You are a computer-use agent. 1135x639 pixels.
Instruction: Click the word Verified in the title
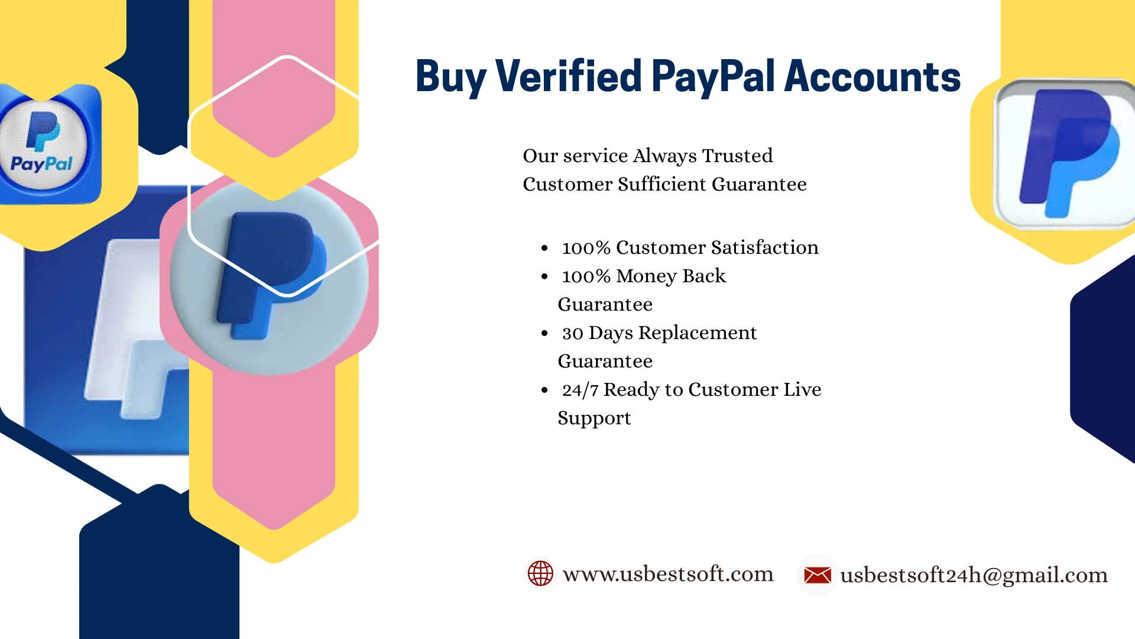tap(569, 76)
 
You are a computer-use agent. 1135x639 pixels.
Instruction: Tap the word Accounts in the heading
tap(873, 76)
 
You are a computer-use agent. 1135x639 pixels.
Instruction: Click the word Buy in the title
tap(451, 78)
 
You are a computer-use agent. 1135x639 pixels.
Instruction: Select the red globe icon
tap(540, 573)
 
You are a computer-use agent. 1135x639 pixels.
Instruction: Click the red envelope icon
tap(818, 575)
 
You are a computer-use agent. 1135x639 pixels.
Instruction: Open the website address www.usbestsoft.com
tap(668, 573)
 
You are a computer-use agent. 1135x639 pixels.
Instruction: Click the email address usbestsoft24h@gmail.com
tap(974, 575)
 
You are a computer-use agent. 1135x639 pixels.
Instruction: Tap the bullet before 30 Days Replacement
tap(544, 334)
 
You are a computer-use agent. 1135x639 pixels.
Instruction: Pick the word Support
tap(594, 419)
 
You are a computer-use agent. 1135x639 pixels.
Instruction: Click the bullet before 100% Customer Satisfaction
tap(544, 248)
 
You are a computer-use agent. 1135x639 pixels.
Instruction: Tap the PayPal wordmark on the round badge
tap(41, 164)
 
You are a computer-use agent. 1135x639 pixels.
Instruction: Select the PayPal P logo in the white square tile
tap(1069, 153)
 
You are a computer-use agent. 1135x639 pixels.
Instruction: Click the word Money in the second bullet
tap(646, 276)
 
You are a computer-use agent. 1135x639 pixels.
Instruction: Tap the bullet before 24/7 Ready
tap(544, 390)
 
